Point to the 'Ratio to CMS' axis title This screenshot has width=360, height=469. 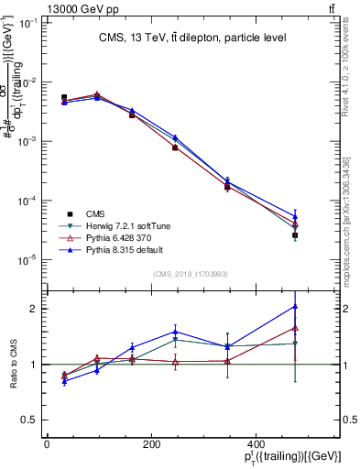tap(12, 365)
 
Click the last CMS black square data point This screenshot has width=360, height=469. tap(295, 235)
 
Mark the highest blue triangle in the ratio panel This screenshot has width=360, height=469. tap(295, 306)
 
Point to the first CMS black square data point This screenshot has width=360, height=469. tap(63, 97)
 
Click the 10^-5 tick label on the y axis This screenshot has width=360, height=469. tap(29, 260)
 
